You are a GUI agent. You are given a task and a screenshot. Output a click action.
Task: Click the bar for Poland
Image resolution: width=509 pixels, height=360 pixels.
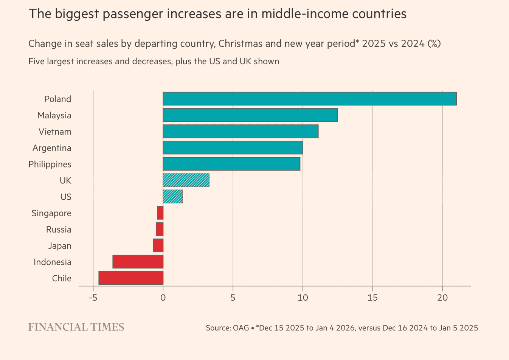(x=309, y=99)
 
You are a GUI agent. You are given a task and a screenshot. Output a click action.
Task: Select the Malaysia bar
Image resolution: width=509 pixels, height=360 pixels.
(x=250, y=115)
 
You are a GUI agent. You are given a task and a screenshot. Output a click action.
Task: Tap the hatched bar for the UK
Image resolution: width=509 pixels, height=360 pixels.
(x=186, y=180)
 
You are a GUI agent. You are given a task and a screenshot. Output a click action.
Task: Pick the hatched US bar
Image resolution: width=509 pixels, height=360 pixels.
(x=172, y=197)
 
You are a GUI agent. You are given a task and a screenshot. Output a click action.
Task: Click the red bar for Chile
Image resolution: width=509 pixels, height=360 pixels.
(x=130, y=278)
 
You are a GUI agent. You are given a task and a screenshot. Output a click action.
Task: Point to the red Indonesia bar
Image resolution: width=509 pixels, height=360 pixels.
(x=138, y=262)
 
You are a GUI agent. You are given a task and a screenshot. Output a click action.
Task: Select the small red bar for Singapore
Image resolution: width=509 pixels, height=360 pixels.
(x=160, y=213)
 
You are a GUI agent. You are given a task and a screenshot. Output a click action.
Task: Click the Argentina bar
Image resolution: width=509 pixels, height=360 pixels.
(x=233, y=147)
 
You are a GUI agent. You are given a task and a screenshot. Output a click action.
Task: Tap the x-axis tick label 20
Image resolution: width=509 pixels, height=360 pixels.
(x=442, y=298)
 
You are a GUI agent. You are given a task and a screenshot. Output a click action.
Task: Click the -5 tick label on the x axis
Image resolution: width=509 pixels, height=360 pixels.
(x=93, y=298)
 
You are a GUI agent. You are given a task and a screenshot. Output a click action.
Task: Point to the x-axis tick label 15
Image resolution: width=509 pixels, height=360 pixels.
(x=372, y=298)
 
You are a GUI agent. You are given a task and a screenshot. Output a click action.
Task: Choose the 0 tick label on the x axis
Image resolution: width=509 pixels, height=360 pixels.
(x=163, y=298)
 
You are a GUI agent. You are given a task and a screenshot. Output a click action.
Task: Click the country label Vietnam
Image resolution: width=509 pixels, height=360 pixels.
(x=55, y=132)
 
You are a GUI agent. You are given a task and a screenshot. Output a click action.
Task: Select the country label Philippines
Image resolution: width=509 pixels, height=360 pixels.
(x=50, y=164)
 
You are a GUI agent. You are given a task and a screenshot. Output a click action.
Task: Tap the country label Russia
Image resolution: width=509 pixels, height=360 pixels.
(x=59, y=230)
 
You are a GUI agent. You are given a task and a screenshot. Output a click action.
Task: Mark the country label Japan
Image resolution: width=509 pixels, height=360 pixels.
(x=59, y=246)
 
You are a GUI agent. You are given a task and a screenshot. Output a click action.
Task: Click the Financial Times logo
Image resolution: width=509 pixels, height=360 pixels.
(x=76, y=327)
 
